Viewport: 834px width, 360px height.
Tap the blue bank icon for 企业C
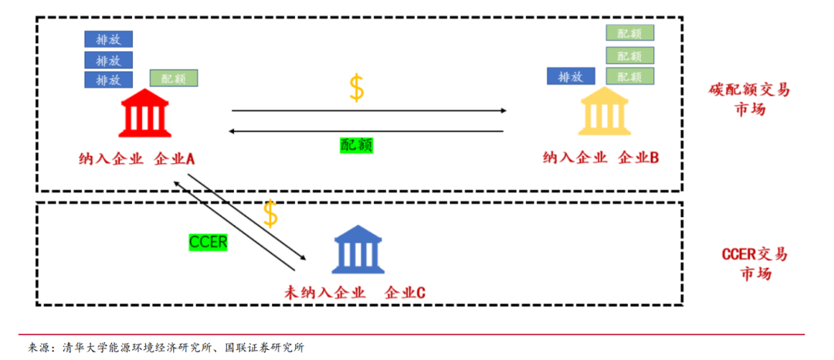point(358,248)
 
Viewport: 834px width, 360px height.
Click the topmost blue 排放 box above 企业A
point(109,39)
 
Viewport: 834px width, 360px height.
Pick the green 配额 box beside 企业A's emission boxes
point(174,78)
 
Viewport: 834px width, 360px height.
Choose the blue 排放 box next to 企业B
point(571,76)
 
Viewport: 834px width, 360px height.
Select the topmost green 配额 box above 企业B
point(630,33)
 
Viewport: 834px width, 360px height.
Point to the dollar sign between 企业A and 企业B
point(356,88)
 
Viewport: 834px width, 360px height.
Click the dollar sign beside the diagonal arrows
point(270,213)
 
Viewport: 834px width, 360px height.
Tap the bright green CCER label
point(208,242)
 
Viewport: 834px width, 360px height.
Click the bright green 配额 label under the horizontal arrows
point(356,144)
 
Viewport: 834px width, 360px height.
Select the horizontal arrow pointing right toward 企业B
point(369,110)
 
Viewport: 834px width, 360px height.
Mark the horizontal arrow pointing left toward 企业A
point(365,131)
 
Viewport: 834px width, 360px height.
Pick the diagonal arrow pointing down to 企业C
point(247,217)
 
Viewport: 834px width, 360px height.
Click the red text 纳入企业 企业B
point(601,158)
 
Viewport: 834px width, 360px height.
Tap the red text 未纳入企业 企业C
point(354,292)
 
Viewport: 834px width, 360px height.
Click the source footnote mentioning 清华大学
point(166,348)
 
